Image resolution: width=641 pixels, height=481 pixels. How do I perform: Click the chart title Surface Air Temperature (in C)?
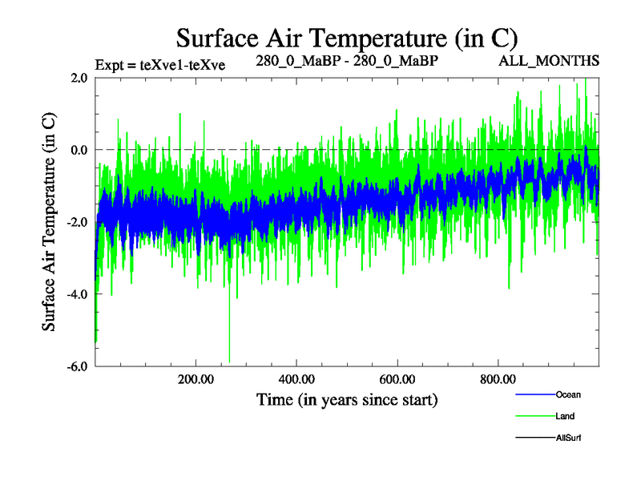coord(347,38)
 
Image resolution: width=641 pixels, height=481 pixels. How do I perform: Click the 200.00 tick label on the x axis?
coord(196,380)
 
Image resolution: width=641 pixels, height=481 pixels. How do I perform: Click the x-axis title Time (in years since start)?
coord(347,398)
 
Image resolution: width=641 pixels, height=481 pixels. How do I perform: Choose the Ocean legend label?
coord(568,394)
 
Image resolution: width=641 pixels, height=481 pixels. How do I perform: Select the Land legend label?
coord(565,416)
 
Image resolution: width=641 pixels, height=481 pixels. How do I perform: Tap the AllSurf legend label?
coord(568,438)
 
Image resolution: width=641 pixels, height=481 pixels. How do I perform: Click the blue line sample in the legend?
coord(534,394)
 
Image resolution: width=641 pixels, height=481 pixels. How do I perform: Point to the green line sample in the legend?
coord(534,416)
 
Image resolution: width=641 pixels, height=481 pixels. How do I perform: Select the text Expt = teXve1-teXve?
coord(159,66)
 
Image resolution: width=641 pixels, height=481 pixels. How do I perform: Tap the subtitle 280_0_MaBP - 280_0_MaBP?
coord(347,60)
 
